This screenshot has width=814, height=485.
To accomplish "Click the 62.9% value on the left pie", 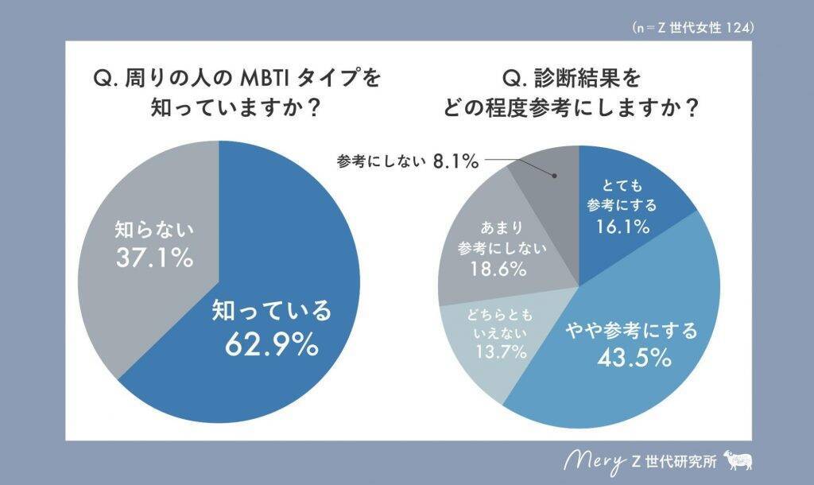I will click(270, 344).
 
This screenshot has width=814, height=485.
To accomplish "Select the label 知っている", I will click(270, 311).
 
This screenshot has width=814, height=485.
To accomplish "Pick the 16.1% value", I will click(622, 227).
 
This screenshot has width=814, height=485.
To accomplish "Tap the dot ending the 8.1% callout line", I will click(553, 177).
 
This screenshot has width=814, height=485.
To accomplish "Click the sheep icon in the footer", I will click(738, 460).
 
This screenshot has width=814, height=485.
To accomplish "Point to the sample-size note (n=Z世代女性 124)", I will click(692, 27).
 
